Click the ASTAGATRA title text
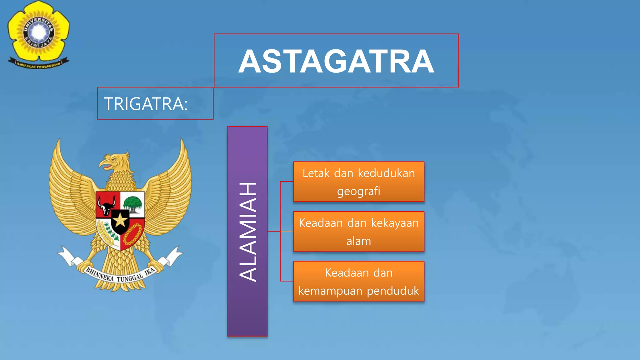336,62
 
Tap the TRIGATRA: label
146,104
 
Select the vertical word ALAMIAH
248,232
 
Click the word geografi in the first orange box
358,191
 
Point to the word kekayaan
395,223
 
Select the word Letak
316,173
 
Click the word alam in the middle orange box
358,241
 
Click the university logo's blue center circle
39,32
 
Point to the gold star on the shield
120,221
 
